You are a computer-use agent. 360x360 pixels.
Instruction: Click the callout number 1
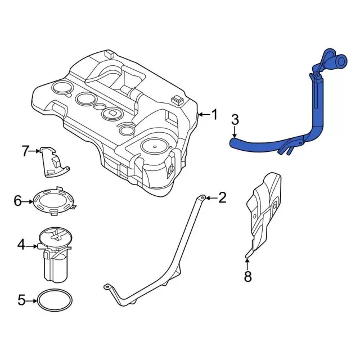214,115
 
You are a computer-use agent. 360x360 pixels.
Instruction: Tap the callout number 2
222,197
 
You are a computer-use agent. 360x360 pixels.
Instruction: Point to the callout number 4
21,245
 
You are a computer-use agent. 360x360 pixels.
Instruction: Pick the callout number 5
21,300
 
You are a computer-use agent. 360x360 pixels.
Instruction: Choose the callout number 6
17,201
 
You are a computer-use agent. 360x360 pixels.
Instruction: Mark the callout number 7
25,151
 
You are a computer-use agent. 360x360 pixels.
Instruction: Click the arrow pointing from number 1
203,115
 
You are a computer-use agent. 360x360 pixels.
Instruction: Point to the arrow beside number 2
210,197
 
